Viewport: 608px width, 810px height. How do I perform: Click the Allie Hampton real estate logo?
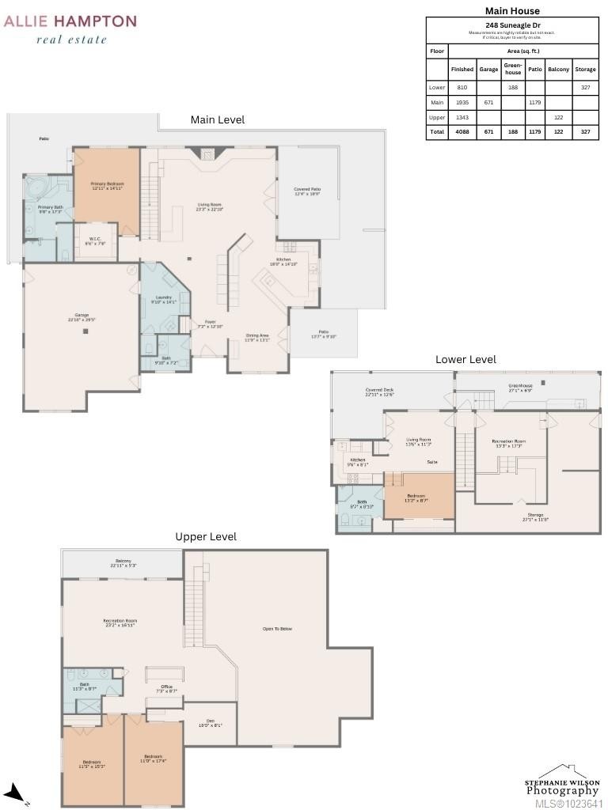click(70, 29)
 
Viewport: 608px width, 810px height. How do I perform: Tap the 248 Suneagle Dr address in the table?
click(512, 25)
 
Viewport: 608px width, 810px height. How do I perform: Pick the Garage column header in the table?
click(488, 70)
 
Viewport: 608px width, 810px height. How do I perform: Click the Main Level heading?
click(218, 119)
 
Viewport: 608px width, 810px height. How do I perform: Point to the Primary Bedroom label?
click(107, 185)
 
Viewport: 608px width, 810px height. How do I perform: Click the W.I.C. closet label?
click(95, 242)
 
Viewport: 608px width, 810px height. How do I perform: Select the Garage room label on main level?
click(82, 316)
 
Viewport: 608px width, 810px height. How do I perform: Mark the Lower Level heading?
click(465, 359)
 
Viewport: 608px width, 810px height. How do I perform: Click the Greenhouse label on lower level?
click(520, 388)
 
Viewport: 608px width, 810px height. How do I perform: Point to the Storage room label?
click(535, 517)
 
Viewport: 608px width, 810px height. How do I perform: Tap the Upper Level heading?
click(206, 536)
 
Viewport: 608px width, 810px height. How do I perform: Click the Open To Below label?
click(277, 629)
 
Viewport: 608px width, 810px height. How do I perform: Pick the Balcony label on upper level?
click(123, 563)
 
